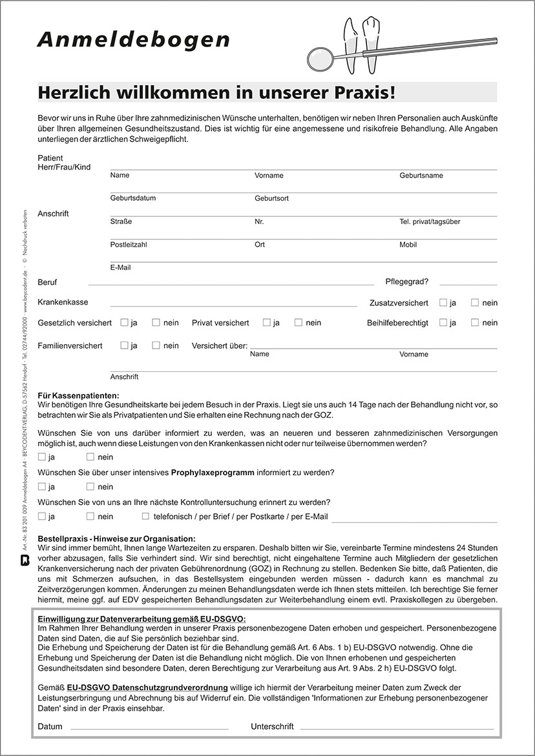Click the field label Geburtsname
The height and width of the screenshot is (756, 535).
click(421, 176)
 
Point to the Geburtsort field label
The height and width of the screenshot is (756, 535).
click(271, 198)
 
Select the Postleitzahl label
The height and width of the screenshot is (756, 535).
click(129, 245)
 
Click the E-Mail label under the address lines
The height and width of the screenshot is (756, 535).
click(120, 267)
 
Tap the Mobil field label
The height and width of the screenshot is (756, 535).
click(408, 245)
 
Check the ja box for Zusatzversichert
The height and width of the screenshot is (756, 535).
click(443, 302)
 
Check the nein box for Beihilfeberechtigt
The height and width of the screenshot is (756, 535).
click(475, 322)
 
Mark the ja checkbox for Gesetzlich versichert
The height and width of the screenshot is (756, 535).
click(124, 322)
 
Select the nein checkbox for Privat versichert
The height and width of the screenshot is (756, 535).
click(299, 322)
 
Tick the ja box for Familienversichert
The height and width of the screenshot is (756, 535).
click(124, 345)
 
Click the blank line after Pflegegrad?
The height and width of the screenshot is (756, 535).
click(468, 284)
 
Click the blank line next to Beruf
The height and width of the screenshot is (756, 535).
click(231, 284)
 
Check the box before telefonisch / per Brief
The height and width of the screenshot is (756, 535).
click(146, 516)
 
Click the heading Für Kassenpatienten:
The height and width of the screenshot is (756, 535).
click(79, 395)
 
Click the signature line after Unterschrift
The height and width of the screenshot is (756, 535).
click(397, 728)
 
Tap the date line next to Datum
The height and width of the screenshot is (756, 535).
click(149, 728)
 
